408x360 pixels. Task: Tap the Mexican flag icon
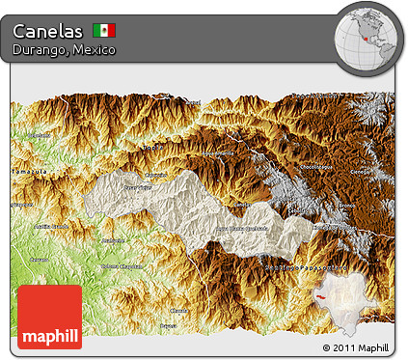click(x=104, y=30)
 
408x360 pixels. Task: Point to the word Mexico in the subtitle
click(x=93, y=49)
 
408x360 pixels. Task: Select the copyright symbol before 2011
click(x=326, y=348)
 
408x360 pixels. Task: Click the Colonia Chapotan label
click(x=122, y=266)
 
